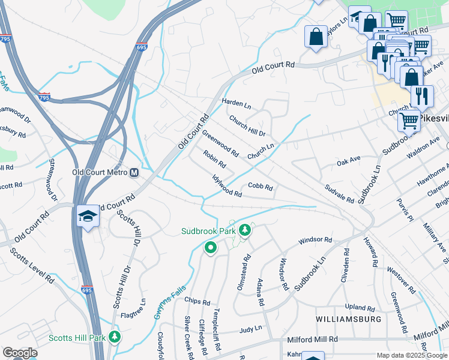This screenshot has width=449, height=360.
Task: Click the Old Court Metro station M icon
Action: pos(134,172)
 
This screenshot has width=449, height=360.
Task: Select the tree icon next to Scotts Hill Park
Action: pos(114,338)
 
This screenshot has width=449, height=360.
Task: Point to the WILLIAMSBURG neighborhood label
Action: pos(349,319)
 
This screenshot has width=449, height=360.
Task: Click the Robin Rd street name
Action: pos(214,159)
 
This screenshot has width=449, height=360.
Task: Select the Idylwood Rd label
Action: pos(227,186)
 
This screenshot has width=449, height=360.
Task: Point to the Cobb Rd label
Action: pos(261,187)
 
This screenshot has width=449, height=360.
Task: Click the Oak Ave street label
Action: pos(348,161)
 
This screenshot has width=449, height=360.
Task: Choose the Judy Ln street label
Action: pos(251,329)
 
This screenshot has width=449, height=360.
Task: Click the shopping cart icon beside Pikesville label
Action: pos(409,121)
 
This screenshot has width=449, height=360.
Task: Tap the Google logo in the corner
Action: pos(20,353)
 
